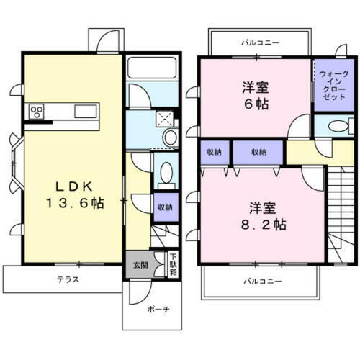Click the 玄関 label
click(x=138, y=264)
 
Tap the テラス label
click(x=68, y=279)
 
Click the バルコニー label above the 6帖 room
click(x=260, y=43)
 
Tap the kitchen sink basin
click(x=84, y=111)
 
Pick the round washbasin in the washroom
click(x=170, y=137)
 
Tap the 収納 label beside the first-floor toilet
click(x=165, y=207)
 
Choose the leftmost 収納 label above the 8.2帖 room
click(x=214, y=152)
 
